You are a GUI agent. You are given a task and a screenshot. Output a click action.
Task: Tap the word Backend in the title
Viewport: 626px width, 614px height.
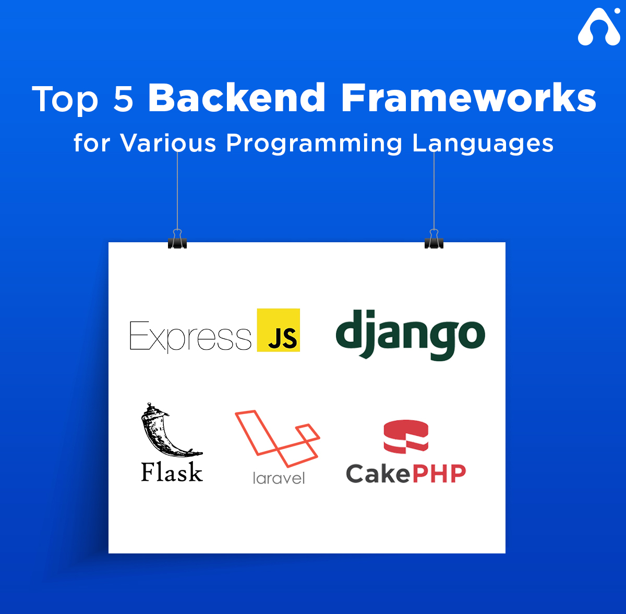click(236, 98)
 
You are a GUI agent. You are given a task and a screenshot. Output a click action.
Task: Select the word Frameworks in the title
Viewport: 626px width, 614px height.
click(468, 98)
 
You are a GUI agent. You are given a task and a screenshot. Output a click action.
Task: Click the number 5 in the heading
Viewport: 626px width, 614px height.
click(124, 99)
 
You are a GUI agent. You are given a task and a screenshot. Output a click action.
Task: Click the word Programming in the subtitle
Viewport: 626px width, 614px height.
click(314, 144)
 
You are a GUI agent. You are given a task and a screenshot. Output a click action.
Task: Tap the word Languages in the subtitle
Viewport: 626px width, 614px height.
click(483, 144)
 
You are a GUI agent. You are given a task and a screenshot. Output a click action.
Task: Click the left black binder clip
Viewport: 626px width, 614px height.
click(177, 240)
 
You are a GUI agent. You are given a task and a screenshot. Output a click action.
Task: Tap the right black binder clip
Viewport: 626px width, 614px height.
click(434, 240)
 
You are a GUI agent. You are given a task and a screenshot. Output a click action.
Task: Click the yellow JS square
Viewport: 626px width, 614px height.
click(279, 330)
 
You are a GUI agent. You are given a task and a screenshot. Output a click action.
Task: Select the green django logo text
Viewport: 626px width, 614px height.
click(411, 335)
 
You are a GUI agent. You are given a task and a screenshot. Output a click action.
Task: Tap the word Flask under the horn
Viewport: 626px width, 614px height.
click(172, 471)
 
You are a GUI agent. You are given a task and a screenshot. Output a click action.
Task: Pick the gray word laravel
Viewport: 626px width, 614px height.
click(279, 478)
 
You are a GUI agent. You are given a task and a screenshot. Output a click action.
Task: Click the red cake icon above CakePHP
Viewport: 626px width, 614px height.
click(406, 436)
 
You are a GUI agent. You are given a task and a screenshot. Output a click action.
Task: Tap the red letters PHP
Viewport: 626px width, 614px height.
click(439, 474)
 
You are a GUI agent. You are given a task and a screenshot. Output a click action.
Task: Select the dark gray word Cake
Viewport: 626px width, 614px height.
click(378, 474)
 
